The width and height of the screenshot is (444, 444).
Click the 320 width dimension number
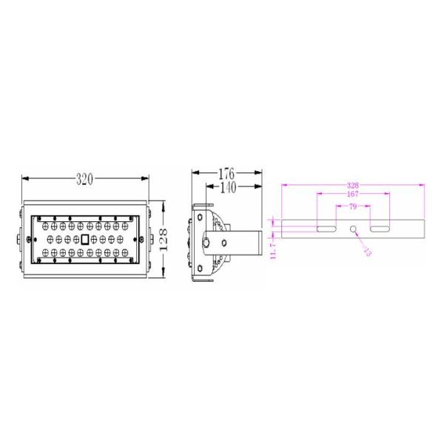click(84, 179)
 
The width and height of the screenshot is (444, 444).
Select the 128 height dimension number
click(164, 238)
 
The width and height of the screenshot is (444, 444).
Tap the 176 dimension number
click(227, 174)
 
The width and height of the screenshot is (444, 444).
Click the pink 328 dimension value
click(353, 185)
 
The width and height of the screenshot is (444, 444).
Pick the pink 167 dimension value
click(353, 195)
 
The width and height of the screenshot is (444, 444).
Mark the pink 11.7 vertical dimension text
click(273, 250)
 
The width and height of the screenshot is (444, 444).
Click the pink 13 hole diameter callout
click(367, 251)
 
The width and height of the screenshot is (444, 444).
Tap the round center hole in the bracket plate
click(353, 229)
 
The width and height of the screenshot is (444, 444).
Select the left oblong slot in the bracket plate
click(326, 229)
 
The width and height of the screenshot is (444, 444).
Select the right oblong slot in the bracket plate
click(380, 229)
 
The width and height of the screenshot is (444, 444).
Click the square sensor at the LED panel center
click(84, 239)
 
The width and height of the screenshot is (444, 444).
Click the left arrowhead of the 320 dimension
click(25, 179)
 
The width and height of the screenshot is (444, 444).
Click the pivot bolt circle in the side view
click(208, 242)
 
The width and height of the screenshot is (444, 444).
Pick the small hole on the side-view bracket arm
click(223, 242)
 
